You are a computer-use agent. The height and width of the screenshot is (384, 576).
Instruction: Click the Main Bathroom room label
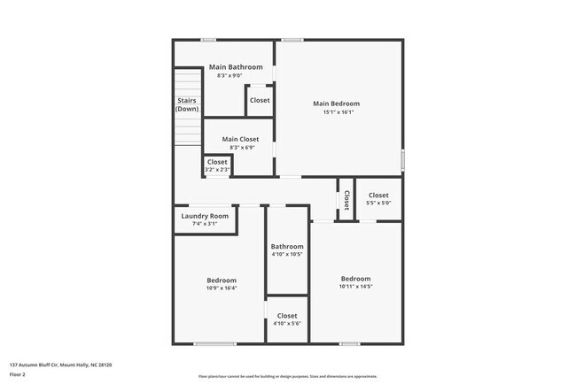coord(236,67)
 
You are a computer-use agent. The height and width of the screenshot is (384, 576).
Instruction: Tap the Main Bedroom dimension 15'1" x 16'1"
coord(337,112)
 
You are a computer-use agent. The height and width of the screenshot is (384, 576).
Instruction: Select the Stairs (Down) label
coord(187,104)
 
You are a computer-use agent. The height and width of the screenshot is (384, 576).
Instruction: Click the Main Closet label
coord(240,139)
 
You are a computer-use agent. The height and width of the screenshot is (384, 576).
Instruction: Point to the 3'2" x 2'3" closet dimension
coord(217,169)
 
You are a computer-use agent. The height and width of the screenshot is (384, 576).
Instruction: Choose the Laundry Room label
coord(205,216)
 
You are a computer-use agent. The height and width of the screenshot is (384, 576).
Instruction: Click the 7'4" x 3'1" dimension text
coord(205,224)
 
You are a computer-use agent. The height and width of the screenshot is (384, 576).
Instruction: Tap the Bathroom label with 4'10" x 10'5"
coord(287,247)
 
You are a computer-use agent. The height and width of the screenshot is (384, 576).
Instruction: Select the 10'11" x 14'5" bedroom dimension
coord(355,286)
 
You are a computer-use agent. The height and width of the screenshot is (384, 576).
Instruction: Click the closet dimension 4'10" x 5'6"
coord(287,324)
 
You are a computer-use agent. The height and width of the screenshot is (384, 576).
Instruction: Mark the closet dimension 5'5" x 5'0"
coord(378,203)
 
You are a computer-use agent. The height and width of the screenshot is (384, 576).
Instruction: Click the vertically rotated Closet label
coord(346,200)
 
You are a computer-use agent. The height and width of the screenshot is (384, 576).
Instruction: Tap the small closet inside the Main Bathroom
coord(260,101)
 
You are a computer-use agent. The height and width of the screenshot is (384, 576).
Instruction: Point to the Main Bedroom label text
coord(337,104)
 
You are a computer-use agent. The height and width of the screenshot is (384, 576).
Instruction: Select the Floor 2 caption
coord(18,374)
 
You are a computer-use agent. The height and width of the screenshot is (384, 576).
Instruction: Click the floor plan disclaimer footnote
coord(288,376)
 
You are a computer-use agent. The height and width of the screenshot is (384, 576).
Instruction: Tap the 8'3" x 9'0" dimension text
coord(236,75)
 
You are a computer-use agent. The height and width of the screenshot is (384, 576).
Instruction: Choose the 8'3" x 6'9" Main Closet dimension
coord(240,147)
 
